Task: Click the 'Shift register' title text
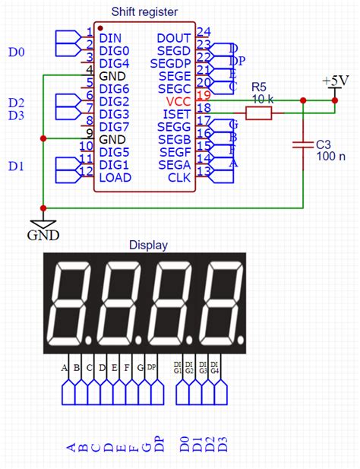(x=144, y=11)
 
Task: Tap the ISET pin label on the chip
(x=178, y=113)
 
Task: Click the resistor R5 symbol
(x=258, y=113)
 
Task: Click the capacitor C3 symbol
(x=303, y=142)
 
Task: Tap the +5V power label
(x=335, y=81)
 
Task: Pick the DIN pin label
(x=110, y=36)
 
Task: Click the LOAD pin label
(x=115, y=178)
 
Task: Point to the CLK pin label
(x=181, y=178)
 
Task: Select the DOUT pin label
(x=174, y=36)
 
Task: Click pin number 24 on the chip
(x=204, y=32)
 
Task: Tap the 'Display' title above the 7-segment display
(x=148, y=245)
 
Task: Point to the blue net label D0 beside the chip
(x=16, y=52)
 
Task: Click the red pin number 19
(x=203, y=95)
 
